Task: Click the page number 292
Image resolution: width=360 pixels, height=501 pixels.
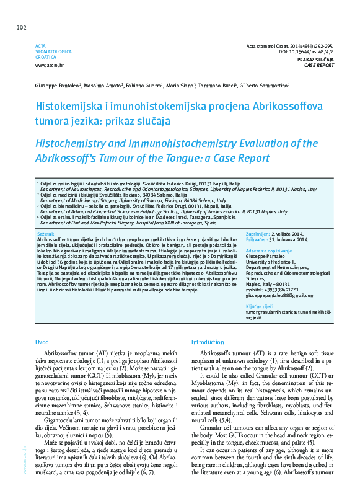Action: click(x=21, y=27)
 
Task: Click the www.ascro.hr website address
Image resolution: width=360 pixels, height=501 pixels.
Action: click(x=49, y=65)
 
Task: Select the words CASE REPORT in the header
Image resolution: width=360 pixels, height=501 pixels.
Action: click(x=320, y=64)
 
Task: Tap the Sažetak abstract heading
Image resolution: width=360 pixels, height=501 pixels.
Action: click(x=45, y=233)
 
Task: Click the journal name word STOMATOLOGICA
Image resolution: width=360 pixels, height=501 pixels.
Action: click(x=53, y=52)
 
